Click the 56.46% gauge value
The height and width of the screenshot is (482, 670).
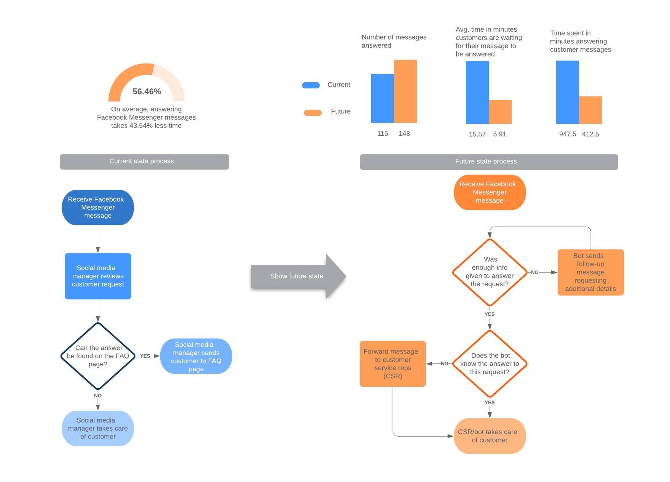coord(147,91)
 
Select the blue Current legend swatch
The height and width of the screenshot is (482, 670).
coord(311,85)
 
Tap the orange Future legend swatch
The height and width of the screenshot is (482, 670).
coord(313,112)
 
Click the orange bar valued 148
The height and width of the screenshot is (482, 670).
coord(405,91)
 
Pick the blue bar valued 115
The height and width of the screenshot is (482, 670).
coord(382,98)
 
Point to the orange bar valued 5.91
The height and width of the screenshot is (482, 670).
coord(500,112)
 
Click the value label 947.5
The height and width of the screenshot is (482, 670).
coord(567,134)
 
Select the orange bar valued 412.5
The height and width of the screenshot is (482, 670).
coord(590,110)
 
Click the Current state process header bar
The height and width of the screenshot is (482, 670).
coord(144,162)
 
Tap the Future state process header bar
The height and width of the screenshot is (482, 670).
coord(488,162)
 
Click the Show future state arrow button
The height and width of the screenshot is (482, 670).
coord(297,276)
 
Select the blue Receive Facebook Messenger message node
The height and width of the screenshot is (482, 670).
coord(98,208)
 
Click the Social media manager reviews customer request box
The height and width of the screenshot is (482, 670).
coord(98,276)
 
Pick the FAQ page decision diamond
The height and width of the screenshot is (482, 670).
coord(98,356)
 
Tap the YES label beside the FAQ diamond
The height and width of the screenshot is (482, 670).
coord(145,356)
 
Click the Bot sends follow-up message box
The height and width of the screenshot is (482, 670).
coord(590,272)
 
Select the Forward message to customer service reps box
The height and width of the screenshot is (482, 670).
coord(392,364)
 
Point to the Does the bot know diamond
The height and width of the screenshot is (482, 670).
coord(490,364)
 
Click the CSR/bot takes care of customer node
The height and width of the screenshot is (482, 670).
coord(490,436)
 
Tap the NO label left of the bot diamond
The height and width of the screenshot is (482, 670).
coord(444,364)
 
